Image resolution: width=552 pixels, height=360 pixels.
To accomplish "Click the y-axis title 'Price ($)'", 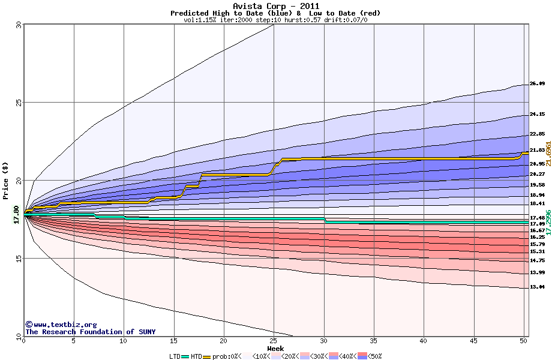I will point(5,180).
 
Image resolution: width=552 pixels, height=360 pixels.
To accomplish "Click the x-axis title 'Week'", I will point(275,348).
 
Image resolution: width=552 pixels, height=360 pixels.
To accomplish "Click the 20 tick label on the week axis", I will point(224,341).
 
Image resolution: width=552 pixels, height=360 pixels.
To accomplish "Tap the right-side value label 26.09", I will point(537,84).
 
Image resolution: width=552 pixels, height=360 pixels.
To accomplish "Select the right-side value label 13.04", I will point(537,287).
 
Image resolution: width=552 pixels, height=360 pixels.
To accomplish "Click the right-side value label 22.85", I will point(537,134).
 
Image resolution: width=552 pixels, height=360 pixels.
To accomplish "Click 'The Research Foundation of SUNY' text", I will point(88,332).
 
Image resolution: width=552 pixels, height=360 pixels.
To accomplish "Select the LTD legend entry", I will point(175,356).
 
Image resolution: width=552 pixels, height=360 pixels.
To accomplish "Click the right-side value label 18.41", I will point(537,204).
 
